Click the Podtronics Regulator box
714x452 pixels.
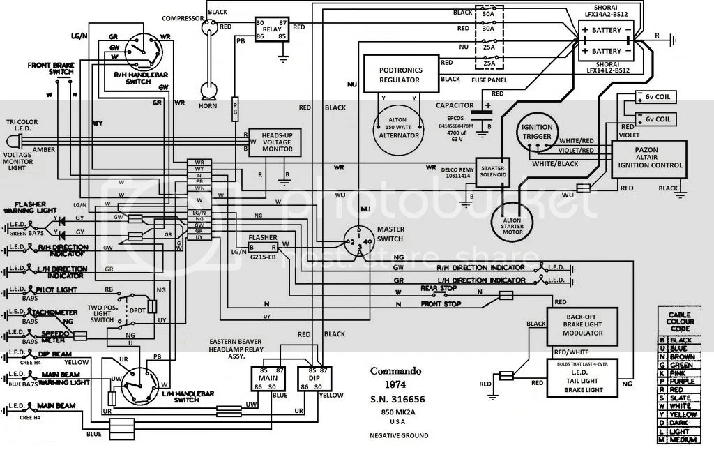pos(400,75)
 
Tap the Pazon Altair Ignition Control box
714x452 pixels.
pos(648,158)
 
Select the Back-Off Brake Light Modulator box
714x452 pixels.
pos(583,327)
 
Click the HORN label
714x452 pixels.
pos(206,115)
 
